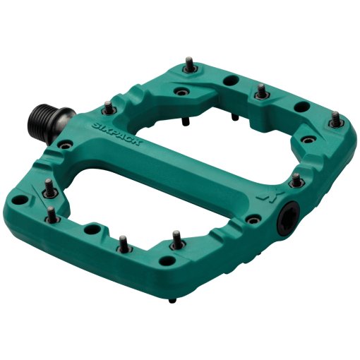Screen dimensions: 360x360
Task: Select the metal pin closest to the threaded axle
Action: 108,107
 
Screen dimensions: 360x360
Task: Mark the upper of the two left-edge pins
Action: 48,186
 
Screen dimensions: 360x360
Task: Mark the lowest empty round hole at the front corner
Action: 92,229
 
